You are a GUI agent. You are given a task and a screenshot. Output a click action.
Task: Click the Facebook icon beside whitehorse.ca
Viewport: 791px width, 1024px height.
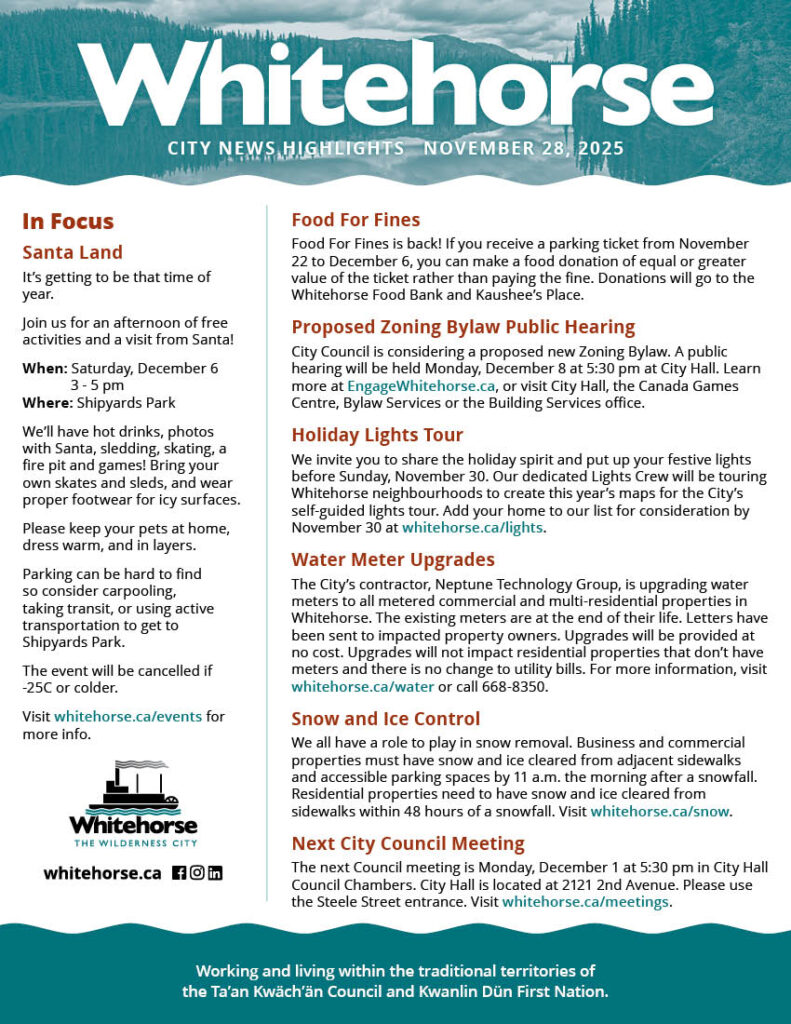pos(179,872)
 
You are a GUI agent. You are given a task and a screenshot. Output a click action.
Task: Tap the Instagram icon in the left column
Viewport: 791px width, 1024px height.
pos(197,872)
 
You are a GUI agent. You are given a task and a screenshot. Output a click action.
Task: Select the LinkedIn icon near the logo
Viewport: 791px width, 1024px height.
pos(215,872)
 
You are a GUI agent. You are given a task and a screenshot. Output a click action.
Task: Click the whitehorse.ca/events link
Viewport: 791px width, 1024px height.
pos(128,716)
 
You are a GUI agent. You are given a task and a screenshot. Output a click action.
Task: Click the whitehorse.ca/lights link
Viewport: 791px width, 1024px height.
pos(473,528)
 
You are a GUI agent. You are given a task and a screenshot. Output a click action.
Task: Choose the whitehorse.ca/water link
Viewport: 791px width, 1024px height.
pos(363,687)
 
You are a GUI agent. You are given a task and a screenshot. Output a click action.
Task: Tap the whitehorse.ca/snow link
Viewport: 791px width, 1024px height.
pos(660,811)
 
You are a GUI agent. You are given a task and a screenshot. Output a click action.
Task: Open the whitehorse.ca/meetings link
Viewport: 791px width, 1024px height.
pos(585,902)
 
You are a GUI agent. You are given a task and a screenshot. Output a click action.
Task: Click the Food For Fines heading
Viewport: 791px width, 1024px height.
pos(355,220)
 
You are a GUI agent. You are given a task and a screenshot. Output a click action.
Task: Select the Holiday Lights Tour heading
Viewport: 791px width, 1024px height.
pos(377,435)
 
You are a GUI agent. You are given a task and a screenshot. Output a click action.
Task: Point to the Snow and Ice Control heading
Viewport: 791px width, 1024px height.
pos(385,719)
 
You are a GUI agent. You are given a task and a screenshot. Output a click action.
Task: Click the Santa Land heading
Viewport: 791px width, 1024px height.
pos(72,252)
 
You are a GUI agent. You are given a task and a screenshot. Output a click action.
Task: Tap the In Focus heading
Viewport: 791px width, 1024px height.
pos(68,221)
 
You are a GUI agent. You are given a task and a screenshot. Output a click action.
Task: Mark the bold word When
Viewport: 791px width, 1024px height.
pos(44,368)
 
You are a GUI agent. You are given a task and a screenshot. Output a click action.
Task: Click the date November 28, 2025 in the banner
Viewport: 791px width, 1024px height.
pos(523,149)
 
